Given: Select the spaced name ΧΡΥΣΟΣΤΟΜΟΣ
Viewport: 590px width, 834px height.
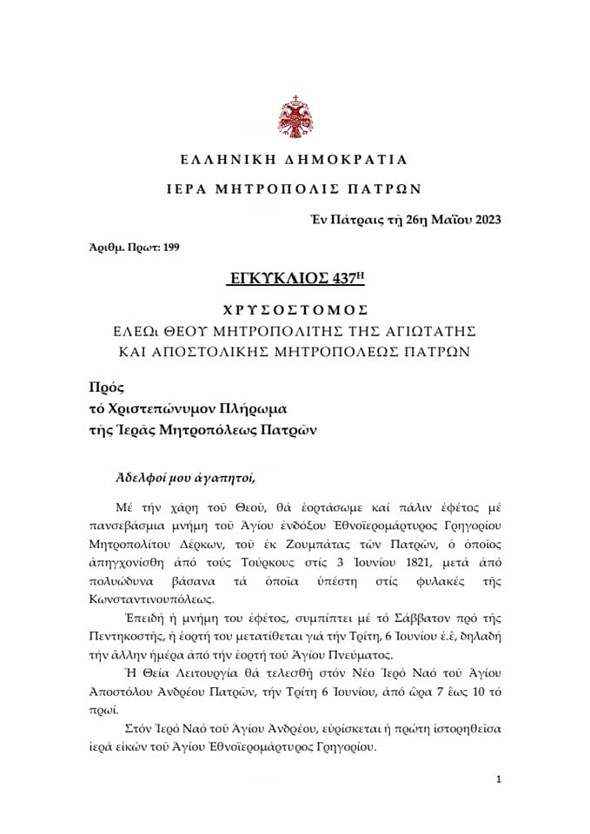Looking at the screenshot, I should (x=295, y=309).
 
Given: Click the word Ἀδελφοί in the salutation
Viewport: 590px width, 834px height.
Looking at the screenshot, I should (x=143, y=477).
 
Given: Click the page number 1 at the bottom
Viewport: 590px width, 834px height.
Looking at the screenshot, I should (x=499, y=779).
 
